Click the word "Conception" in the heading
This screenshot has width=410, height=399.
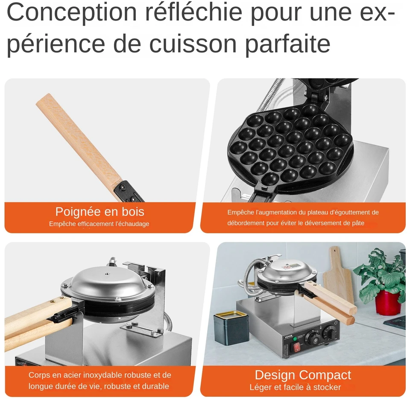pyautogui.click(x=72, y=12)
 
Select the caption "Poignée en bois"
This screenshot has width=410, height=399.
pyautogui.click(x=100, y=212)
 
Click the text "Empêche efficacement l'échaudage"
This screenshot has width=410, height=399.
pyautogui.click(x=99, y=224)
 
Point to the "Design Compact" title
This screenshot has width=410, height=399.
pyautogui.click(x=303, y=375)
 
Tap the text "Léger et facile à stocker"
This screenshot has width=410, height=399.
pyautogui.click(x=295, y=387)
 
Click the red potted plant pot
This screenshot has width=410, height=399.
pyautogui.click(x=387, y=303)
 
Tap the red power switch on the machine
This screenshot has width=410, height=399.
pyautogui.click(x=296, y=347)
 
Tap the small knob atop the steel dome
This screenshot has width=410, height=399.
pyautogui.click(x=106, y=274)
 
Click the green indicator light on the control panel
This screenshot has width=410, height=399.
pyautogui.click(x=295, y=339)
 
